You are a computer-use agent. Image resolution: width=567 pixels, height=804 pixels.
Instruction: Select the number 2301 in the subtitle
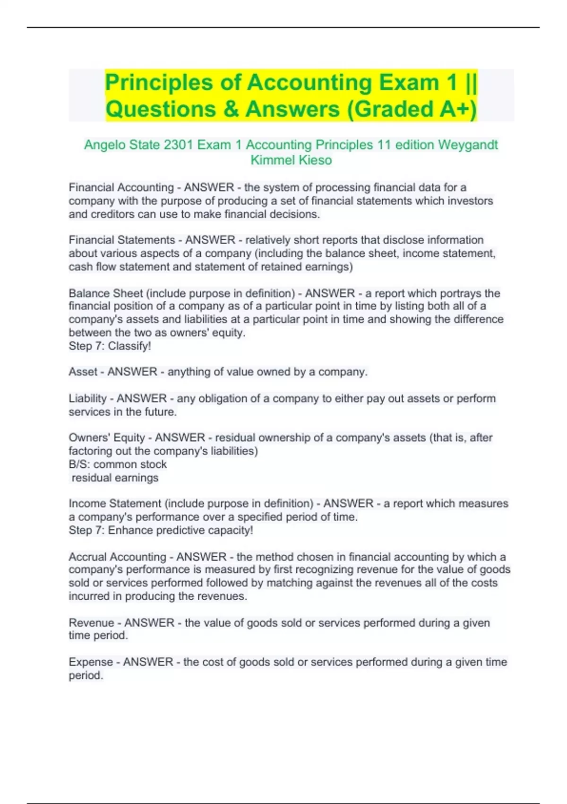(178, 145)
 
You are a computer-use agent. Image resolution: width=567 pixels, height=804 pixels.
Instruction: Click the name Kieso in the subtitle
(316, 160)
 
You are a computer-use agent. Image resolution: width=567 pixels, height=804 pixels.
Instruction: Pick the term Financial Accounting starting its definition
(121, 187)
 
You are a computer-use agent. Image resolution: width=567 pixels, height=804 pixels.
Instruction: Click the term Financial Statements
(122, 240)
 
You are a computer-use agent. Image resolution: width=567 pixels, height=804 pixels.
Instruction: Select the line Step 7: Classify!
(110, 346)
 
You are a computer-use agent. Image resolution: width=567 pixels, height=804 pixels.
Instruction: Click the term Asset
(83, 372)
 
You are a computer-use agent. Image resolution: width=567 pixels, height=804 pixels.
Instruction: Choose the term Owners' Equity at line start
(107, 437)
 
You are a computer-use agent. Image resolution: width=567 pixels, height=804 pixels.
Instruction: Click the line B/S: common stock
(118, 464)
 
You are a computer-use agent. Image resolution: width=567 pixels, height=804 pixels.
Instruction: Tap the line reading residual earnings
(115, 478)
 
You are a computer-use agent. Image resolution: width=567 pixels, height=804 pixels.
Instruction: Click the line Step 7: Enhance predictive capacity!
(161, 530)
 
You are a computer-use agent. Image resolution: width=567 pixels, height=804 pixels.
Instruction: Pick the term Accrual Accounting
(117, 557)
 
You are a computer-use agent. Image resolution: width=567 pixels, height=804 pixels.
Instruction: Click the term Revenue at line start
(91, 622)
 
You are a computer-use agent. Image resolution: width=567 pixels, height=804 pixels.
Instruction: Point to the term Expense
(90, 662)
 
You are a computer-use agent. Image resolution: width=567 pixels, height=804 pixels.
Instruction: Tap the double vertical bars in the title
(471, 83)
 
